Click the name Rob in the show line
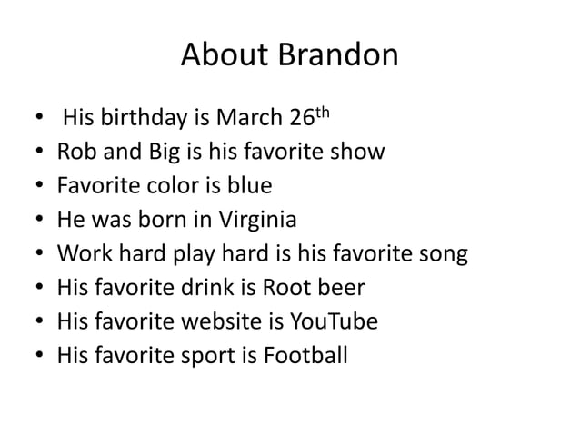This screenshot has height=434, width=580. coord(76,153)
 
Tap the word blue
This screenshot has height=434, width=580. coord(249,187)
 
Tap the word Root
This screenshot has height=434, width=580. coord(289,289)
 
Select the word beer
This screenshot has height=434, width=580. coord(341,289)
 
